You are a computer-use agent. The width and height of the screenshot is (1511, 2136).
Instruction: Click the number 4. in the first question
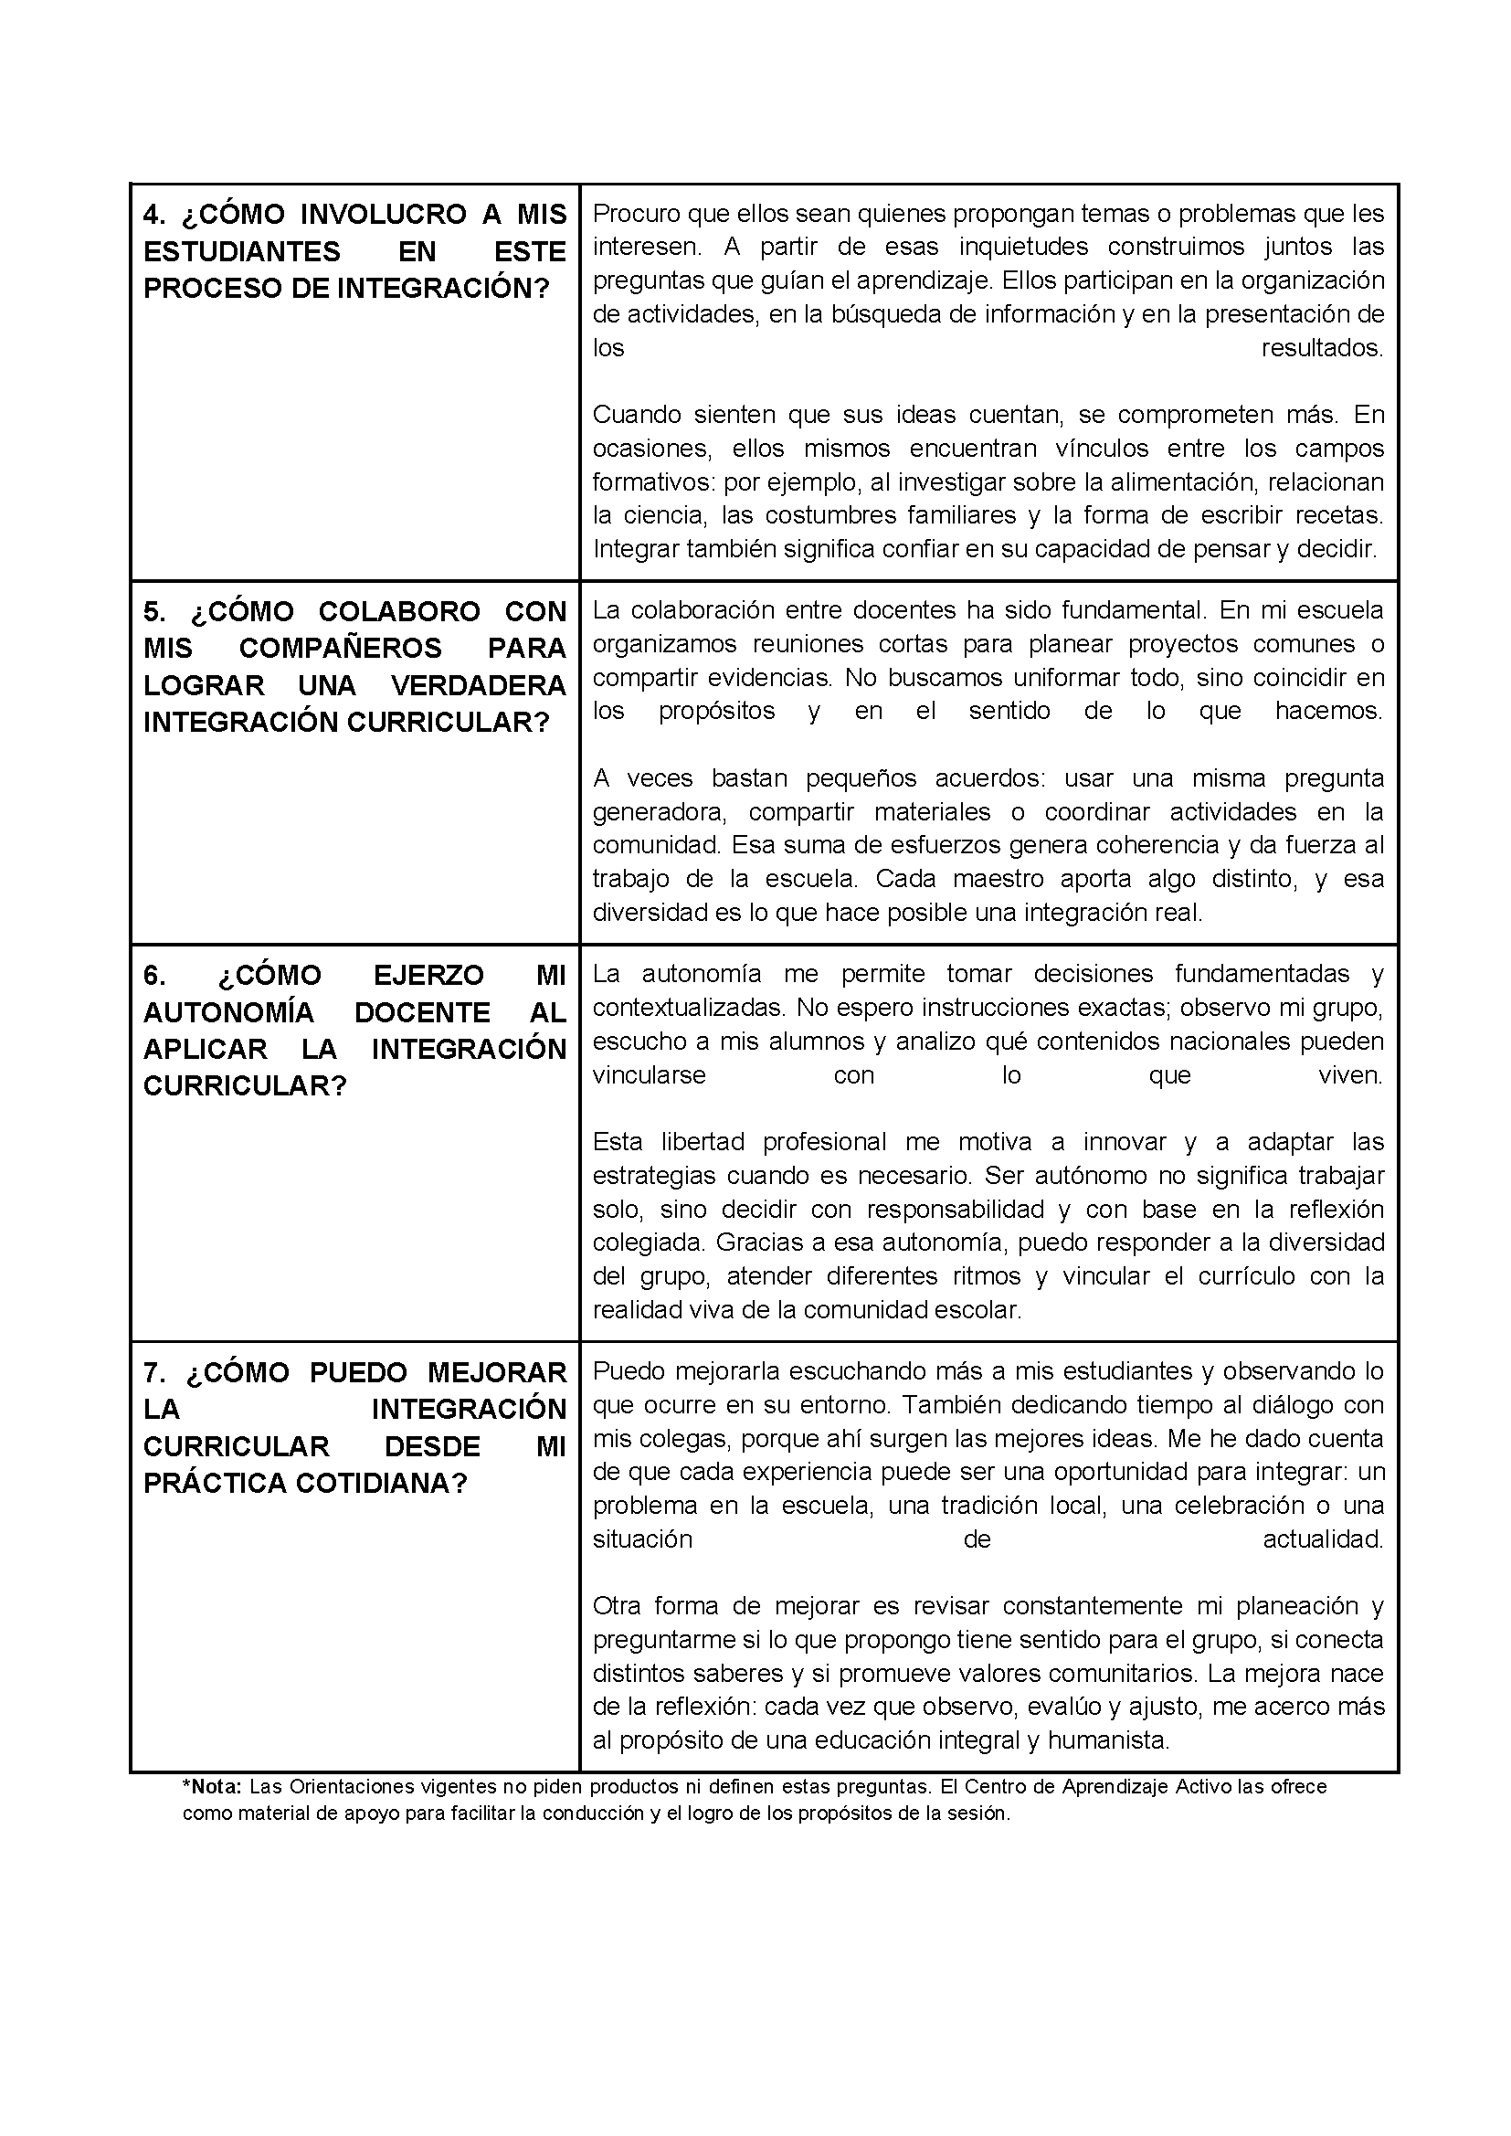[153, 215]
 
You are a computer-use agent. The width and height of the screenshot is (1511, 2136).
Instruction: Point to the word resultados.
[1322, 348]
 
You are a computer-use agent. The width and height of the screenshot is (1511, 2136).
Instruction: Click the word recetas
[1339, 515]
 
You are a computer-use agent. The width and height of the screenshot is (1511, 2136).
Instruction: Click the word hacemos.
[1328, 711]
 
